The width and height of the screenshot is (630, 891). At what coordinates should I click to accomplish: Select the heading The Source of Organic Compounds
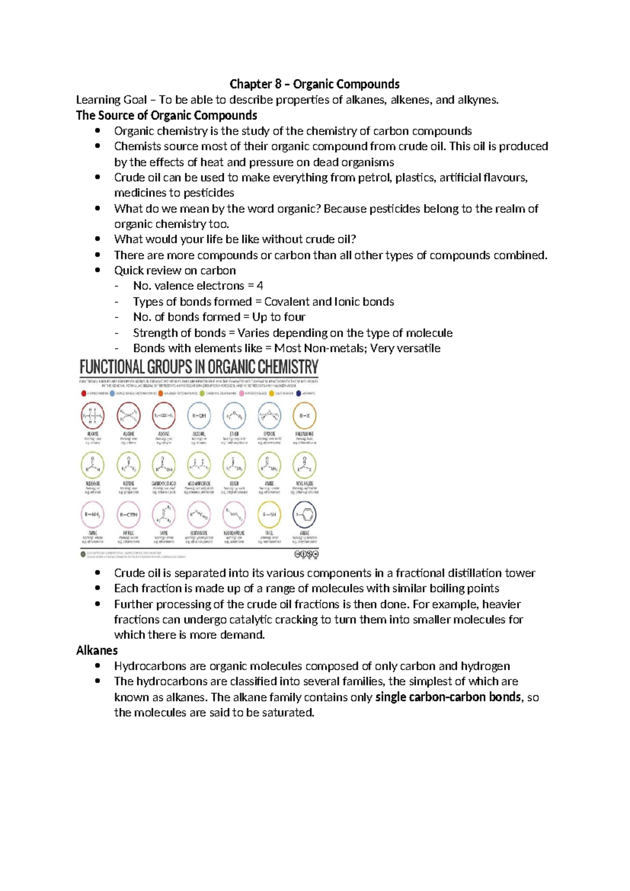[166, 115]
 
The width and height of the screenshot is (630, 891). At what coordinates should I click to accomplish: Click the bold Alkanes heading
[97, 650]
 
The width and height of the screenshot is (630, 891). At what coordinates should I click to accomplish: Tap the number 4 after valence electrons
[260, 286]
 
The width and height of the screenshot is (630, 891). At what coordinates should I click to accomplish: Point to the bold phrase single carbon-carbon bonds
[448, 697]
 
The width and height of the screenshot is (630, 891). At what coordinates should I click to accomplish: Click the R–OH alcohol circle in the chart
[199, 416]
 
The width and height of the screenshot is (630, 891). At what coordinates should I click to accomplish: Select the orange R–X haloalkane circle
[304, 416]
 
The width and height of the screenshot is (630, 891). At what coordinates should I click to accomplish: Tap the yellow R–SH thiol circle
[269, 515]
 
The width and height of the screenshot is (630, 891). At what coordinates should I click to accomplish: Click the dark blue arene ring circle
[304, 515]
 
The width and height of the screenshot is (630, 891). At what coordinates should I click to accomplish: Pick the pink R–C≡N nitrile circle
[129, 515]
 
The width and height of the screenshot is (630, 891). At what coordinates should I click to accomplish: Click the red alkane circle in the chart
[93, 416]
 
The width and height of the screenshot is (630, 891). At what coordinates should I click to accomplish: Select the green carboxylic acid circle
[164, 465]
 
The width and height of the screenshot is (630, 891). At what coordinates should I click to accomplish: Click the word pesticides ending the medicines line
[207, 193]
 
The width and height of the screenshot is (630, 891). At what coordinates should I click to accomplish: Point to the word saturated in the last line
[288, 713]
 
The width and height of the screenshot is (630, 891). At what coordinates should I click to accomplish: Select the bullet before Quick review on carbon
[97, 270]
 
